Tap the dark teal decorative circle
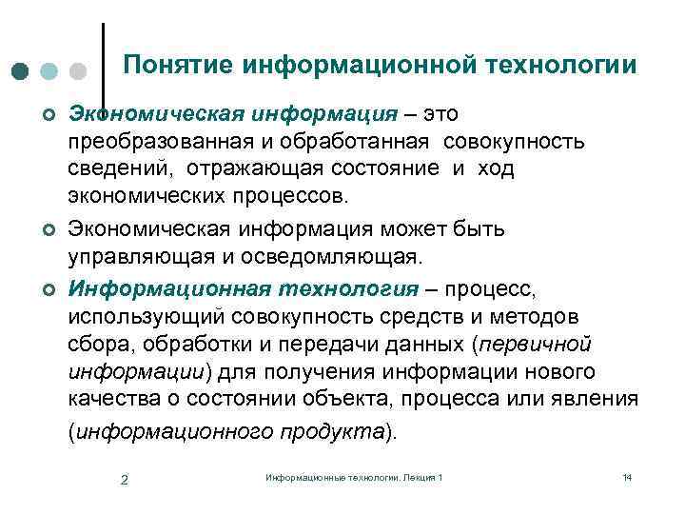click(22, 72)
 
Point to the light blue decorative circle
click(50, 72)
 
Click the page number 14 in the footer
click(626, 476)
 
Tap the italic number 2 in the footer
click(125, 478)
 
